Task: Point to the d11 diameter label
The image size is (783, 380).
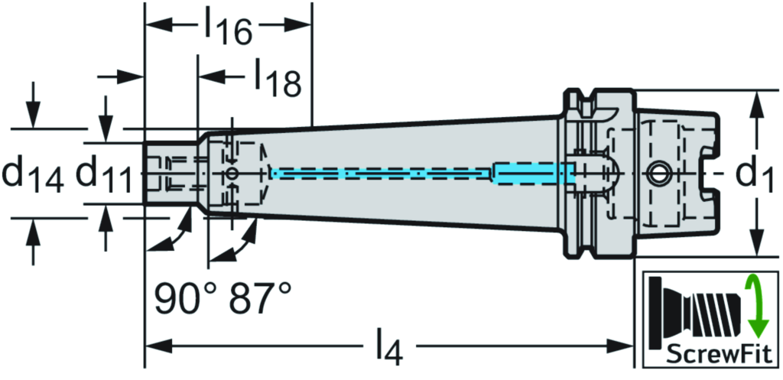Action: pos(105,175)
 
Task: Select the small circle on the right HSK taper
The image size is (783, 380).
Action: pos(658,174)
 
